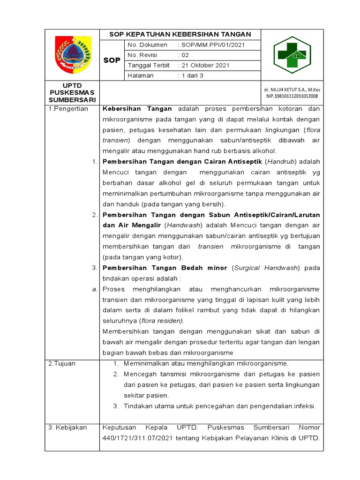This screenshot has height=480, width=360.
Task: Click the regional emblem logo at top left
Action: (x=72, y=55)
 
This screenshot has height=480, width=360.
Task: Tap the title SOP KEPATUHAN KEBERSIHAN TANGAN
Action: (x=180, y=35)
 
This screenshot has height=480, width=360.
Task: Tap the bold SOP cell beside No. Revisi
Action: (x=112, y=60)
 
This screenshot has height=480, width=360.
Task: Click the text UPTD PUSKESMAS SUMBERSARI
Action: (x=72, y=93)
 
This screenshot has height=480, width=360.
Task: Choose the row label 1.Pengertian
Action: (x=68, y=109)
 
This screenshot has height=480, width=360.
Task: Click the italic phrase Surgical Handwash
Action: (x=266, y=268)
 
